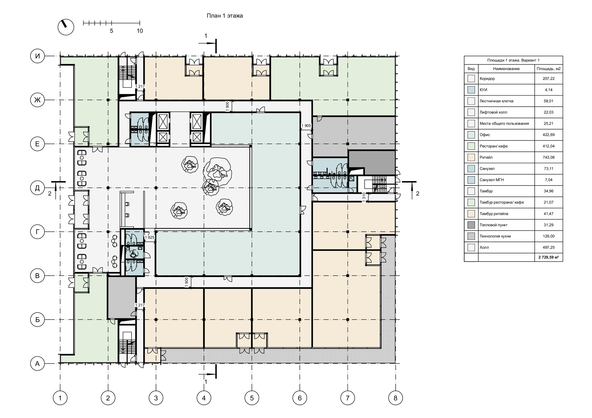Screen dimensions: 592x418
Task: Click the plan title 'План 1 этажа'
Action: pyautogui.click(x=224, y=16)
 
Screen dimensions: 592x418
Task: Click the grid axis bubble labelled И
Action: pyautogui.click(x=38, y=56)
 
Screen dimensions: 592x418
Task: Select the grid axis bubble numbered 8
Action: pyautogui.click(x=395, y=398)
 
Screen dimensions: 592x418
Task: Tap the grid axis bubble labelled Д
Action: pyautogui.click(x=38, y=188)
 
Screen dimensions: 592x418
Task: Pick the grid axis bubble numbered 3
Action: pyautogui.click(x=156, y=398)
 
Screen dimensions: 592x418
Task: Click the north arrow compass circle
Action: pyautogui.click(x=66, y=27)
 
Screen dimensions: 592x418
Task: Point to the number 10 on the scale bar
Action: pyautogui.click(x=139, y=31)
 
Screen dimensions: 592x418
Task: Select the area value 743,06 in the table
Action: pyautogui.click(x=548, y=157)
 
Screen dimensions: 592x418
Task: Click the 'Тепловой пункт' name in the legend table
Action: pyautogui.click(x=493, y=225)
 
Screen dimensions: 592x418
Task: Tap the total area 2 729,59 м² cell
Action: pyautogui.click(x=548, y=257)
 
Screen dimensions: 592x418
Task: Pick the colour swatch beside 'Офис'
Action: pyautogui.click(x=471, y=135)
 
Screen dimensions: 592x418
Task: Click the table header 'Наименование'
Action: pyautogui.click(x=506, y=69)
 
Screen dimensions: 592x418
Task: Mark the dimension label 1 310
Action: pyautogui.click(x=364, y=197)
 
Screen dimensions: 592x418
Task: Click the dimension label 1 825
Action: pyautogui.click(x=150, y=237)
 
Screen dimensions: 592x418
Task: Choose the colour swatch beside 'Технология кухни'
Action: pyautogui.click(x=471, y=236)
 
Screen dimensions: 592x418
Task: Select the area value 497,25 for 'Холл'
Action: pyautogui.click(x=548, y=247)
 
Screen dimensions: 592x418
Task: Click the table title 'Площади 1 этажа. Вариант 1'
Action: pyautogui.click(x=513, y=60)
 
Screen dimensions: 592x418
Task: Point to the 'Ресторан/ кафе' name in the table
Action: pyautogui.click(x=493, y=146)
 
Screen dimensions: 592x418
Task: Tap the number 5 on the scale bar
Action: pyautogui.click(x=111, y=31)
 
